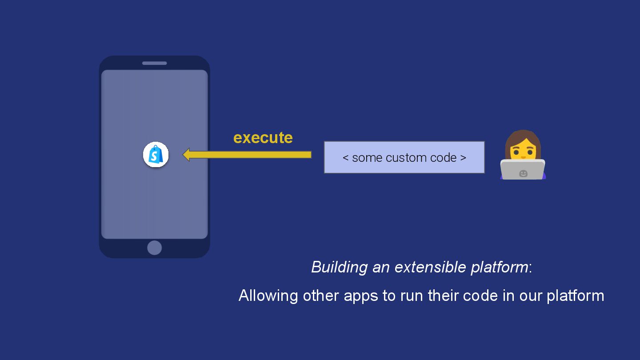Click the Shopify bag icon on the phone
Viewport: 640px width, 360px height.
tap(156, 155)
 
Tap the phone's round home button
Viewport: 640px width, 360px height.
tap(154, 248)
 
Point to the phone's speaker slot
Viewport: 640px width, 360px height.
tap(154, 63)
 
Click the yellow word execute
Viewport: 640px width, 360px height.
tap(263, 138)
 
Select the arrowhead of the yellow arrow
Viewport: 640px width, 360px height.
tap(187, 155)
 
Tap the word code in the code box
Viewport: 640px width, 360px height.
tap(444, 158)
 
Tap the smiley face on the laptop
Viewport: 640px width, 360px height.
tap(523, 173)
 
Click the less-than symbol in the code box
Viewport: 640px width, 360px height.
tap(345, 158)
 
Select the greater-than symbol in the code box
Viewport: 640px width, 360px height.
tap(463, 158)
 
